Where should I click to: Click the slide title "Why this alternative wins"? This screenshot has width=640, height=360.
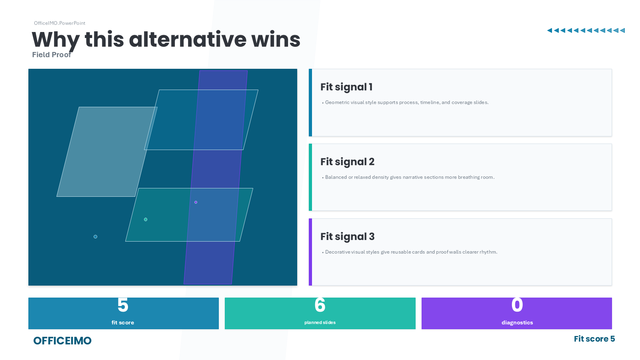tap(166, 40)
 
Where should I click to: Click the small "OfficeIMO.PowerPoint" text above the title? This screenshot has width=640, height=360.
tap(60, 23)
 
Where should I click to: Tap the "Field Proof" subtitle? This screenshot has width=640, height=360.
tap(52, 55)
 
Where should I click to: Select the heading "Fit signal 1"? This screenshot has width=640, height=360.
tap(346, 87)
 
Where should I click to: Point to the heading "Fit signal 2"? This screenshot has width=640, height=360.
tap(347, 162)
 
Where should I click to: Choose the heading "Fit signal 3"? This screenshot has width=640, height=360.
tap(347, 237)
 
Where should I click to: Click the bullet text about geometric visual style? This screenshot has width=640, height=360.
tap(407, 102)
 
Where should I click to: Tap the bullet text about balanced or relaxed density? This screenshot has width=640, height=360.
tap(410, 177)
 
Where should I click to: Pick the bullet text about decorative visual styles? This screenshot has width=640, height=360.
tap(411, 252)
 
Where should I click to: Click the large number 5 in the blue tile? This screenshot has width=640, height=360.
tap(123, 305)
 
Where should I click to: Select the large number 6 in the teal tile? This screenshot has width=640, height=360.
tap(320, 305)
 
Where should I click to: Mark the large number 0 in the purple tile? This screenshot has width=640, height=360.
tap(517, 305)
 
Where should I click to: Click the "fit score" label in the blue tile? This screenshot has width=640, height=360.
tap(123, 323)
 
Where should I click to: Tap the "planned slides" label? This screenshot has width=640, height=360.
tap(320, 323)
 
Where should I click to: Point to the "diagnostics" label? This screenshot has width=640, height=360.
tap(517, 323)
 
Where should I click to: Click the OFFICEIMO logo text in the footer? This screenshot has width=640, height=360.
tap(62, 341)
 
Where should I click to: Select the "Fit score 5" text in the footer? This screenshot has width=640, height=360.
tap(594, 339)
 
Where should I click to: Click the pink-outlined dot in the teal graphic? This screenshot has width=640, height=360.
tap(196, 202)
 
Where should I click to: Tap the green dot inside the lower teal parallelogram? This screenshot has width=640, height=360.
tap(146, 220)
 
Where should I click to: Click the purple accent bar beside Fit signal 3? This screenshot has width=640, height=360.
tap(310, 252)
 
